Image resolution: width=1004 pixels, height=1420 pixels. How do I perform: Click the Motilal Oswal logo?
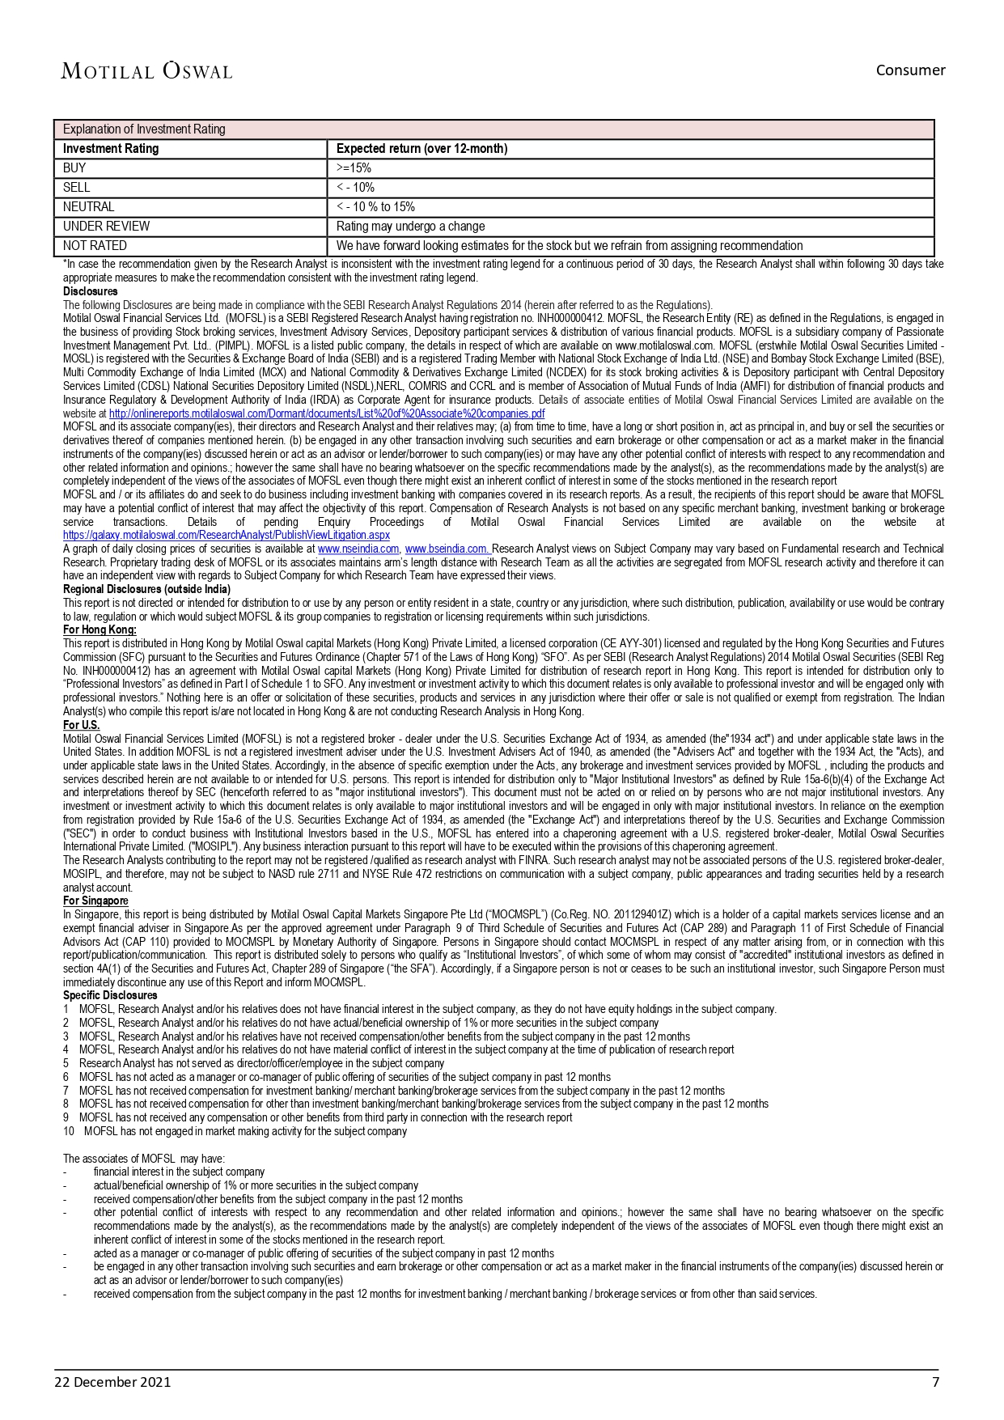[x=146, y=71]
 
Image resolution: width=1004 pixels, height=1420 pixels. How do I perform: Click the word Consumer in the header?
[x=910, y=70]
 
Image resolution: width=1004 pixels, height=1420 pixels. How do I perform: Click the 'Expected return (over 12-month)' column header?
[x=422, y=149]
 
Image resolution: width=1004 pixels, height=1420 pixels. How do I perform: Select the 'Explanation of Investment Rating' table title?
[x=144, y=129]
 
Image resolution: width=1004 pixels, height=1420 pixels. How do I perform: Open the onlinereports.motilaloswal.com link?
[x=327, y=413]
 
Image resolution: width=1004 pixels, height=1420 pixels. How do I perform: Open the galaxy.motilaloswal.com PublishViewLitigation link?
[x=227, y=535]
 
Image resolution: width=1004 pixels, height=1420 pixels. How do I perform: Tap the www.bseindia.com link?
[x=447, y=549]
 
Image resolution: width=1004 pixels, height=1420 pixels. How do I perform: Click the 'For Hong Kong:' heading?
[x=100, y=629]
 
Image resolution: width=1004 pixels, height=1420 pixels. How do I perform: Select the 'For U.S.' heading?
[x=82, y=725]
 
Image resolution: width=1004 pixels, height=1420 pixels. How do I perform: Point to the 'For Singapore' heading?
[x=95, y=901]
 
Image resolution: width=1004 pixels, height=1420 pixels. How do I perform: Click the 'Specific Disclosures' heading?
[x=110, y=995]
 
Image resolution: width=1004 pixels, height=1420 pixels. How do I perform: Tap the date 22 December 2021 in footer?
[x=112, y=1382]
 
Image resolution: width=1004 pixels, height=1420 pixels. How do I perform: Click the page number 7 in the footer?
[x=935, y=1382]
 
